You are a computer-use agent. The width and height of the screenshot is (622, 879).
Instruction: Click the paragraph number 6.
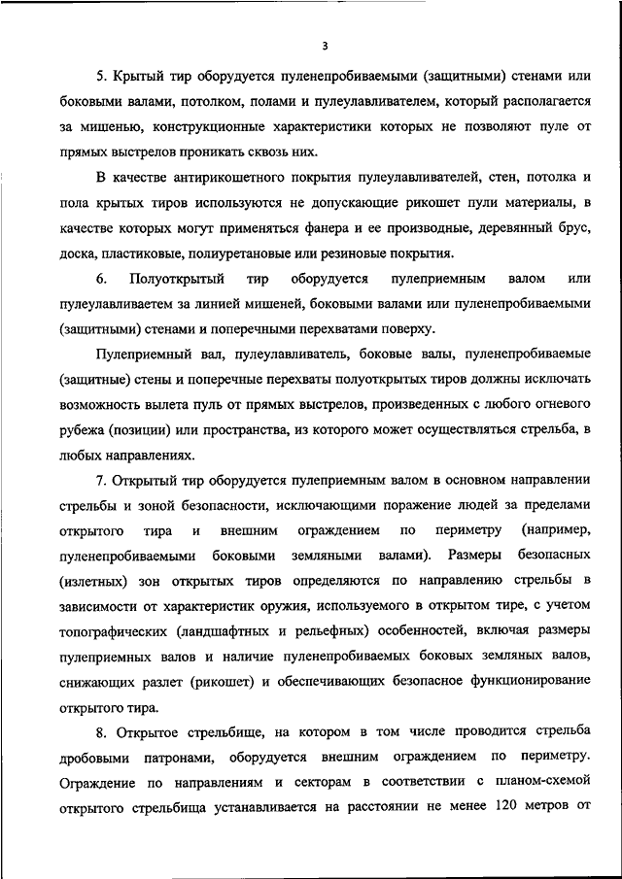(102, 279)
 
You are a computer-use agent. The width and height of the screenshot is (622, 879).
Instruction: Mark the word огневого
(549, 404)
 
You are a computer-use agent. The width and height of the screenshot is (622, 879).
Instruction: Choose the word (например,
(555, 530)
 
